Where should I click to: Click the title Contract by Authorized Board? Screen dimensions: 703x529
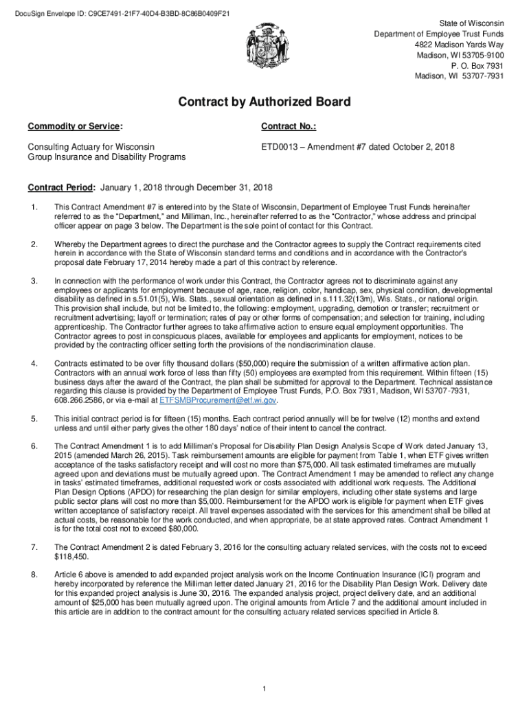point(264,102)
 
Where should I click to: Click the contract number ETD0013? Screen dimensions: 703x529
point(280,147)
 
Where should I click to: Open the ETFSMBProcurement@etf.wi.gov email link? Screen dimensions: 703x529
point(218,400)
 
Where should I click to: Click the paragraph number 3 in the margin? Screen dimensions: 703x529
point(34,281)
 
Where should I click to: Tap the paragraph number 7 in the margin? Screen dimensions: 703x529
point(34,547)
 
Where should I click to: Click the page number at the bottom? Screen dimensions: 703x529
point(264,689)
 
